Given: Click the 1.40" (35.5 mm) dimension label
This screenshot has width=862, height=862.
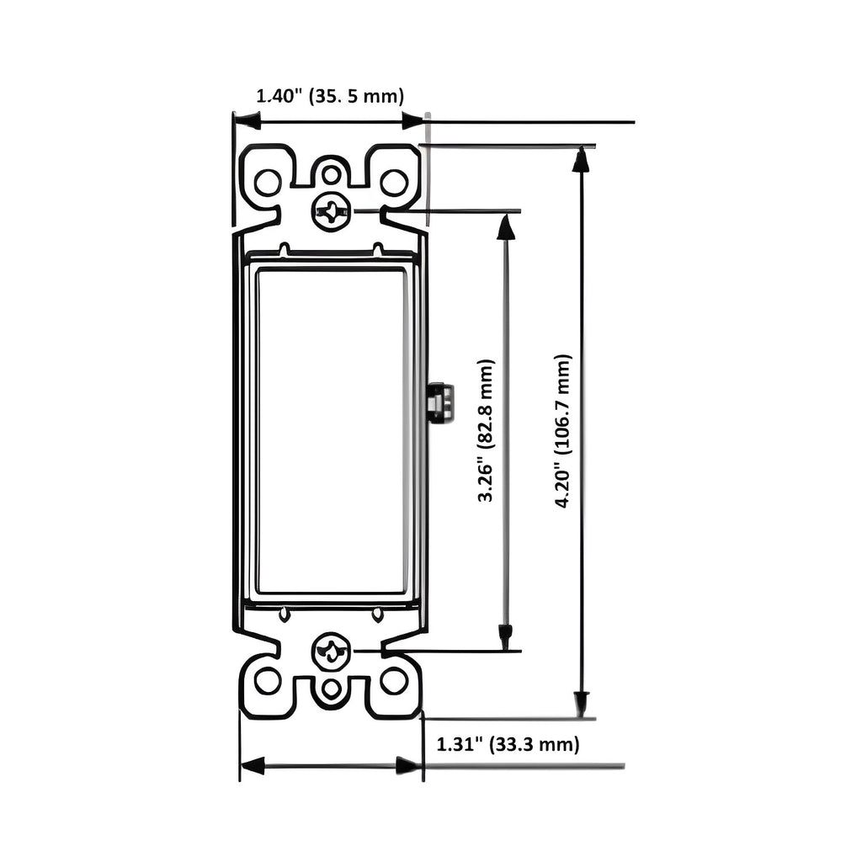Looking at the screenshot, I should pyautogui.click(x=330, y=95).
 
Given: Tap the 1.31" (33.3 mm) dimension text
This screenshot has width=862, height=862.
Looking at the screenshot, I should pyautogui.click(x=508, y=744).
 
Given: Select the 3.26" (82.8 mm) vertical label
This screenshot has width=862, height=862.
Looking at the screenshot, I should pyautogui.click(x=486, y=430).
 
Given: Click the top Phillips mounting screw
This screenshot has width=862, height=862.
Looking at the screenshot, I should pyautogui.click(x=331, y=210).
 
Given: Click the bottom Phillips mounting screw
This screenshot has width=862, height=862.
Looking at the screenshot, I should pyautogui.click(x=331, y=652).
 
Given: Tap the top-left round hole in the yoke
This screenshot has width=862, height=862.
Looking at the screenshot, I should pyautogui.click(x=267, y=182).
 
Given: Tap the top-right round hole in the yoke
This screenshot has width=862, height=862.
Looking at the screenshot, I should pyautogui.click(x=393, y=182).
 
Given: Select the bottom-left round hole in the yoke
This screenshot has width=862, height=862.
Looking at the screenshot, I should pyautogui.click(x=267, y=680).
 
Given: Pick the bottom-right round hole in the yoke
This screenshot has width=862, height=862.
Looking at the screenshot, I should pyautogui.click(x=393, y=680).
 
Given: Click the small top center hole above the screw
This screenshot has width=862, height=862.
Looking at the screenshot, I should pyautogui.click(x=332, y=175).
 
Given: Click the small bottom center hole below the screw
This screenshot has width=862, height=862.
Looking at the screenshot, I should pyautogui.click(x=332, y=688).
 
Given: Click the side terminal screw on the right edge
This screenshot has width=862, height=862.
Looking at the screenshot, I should pyautogui.click(x=439, y=402).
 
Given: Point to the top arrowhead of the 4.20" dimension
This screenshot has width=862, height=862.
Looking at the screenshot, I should pyautogui.click(x=581, y=158).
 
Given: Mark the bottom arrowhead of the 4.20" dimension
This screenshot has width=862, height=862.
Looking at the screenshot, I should pyautogui.click(x=581, y=704).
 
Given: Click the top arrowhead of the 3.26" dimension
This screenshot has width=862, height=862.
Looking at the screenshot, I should pyautogui.click(x=505, y=226).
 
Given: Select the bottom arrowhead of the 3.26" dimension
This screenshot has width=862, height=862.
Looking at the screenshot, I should pyautogui.click(x=505, y=637).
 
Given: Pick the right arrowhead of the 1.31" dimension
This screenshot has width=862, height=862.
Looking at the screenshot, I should pyautogui.click(x=409, y=765).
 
